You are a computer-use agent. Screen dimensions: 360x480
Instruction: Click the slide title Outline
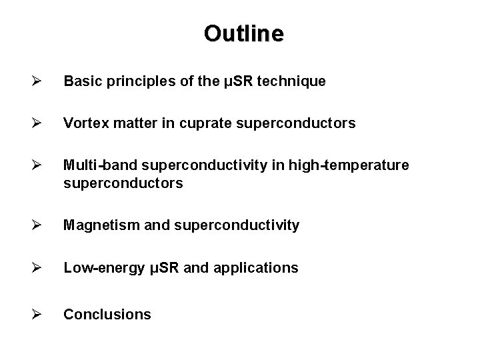pyautogui.click(x=243, y=33)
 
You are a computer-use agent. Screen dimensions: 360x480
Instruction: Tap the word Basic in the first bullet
pyautogui.click(x=80, y=81)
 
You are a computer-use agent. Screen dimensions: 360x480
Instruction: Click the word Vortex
pyautogui.click(x=83, y=123)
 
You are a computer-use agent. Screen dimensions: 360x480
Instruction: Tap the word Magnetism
pyautogui.click(x=95, y=226)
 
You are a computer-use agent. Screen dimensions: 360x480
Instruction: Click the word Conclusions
pyautogui.click(x=107, y=314)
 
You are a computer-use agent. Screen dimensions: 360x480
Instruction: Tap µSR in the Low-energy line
pyautogui.click(x=158, y=268)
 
